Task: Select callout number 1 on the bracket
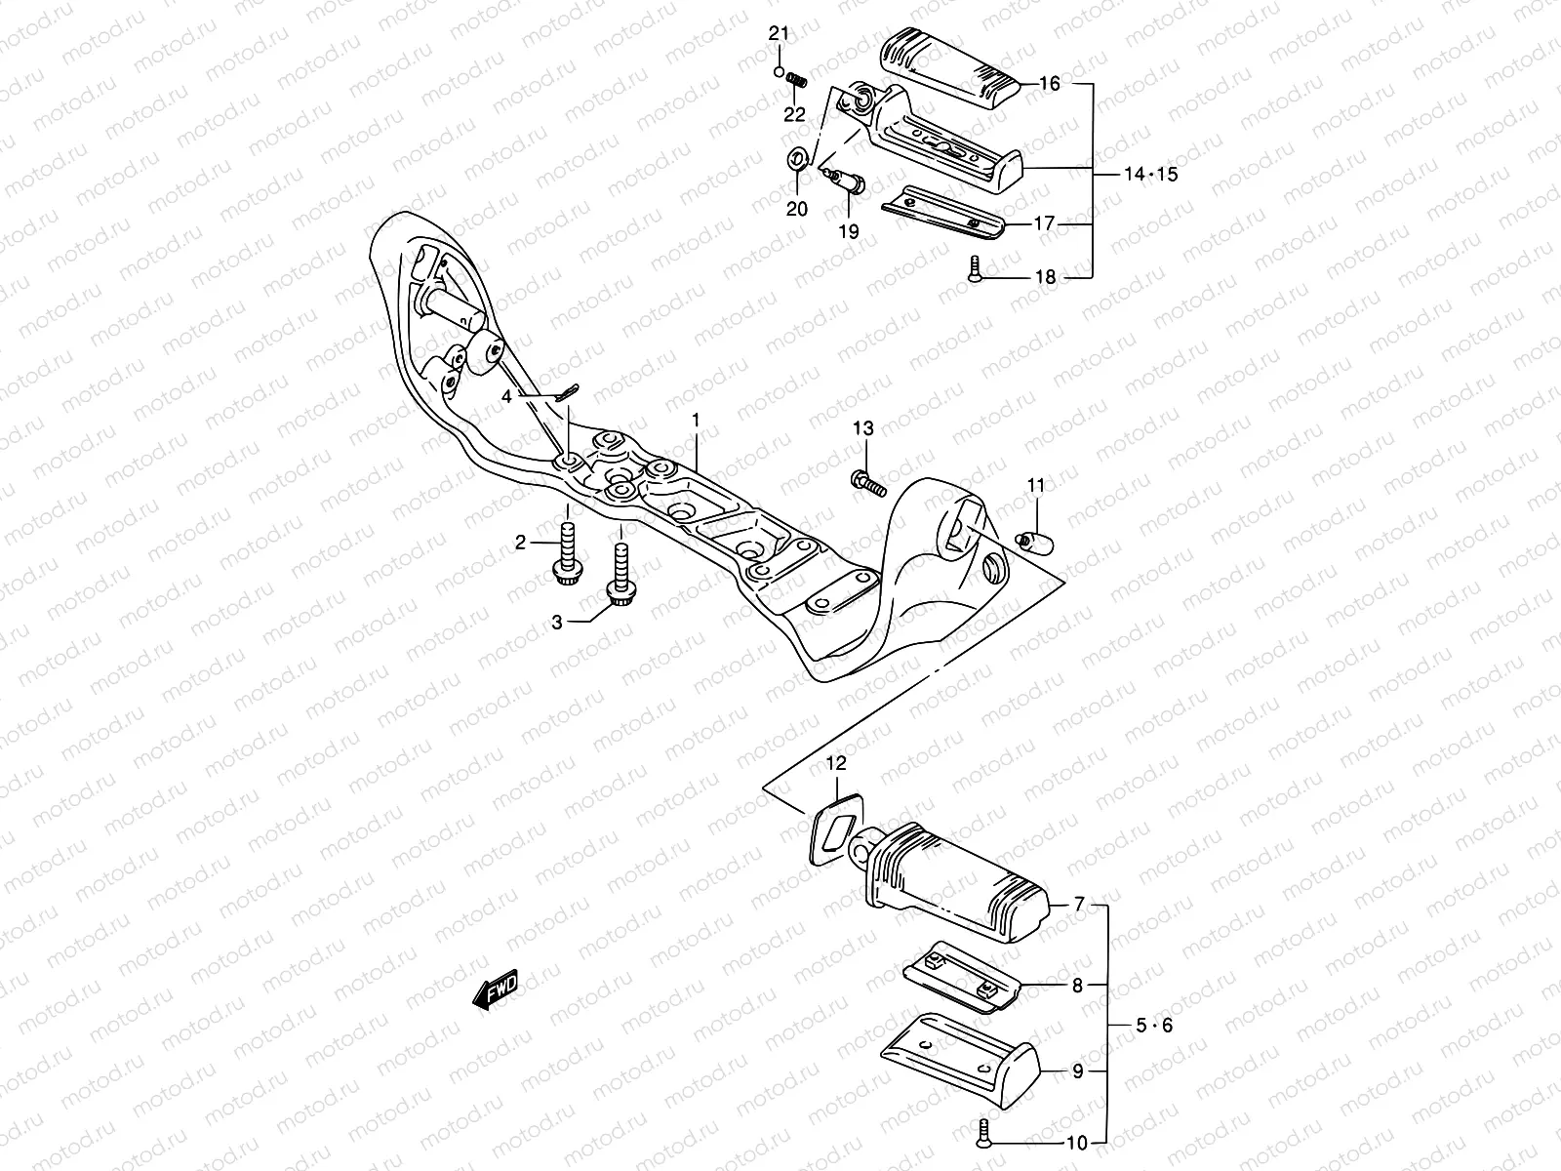point(697,421)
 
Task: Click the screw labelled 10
point(982,1134)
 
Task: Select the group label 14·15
point(1151,176)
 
